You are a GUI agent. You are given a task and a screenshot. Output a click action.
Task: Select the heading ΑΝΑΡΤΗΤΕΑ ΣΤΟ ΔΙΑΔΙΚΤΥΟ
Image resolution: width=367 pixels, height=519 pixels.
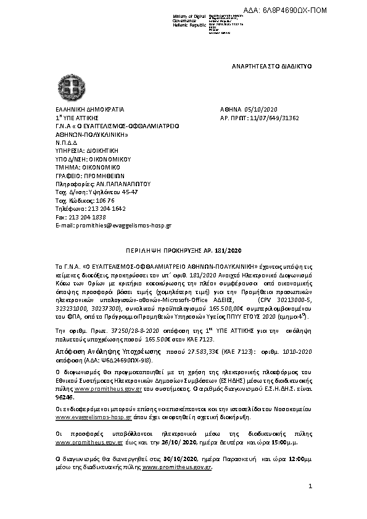[x=272, y=65]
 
